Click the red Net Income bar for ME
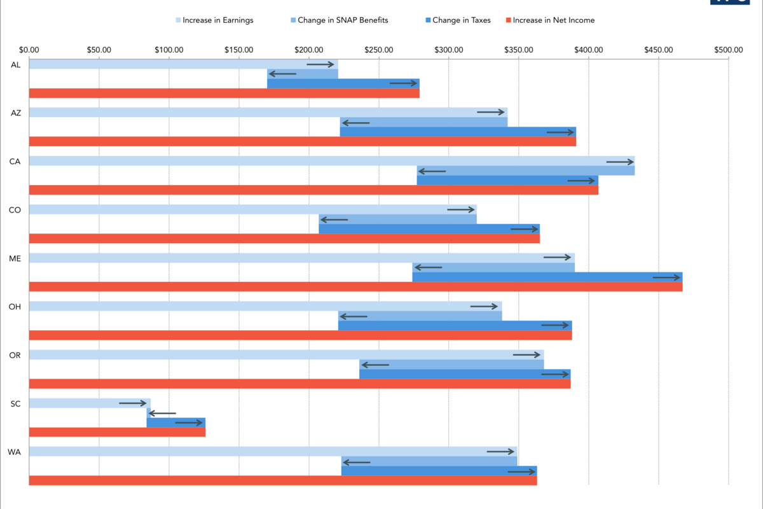point(355,287)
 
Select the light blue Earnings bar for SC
point(90,403)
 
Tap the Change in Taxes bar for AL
point(343,83)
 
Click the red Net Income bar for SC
point(117,432)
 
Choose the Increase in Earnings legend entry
point(214,20)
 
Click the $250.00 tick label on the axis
point(379,50)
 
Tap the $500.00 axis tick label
point(728,50)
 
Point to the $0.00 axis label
point(29,50)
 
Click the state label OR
point(15,355)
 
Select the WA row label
point(15,452)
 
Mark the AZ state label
point(15,113)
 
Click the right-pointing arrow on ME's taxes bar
point(666,277)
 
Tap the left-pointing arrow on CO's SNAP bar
point(334,220)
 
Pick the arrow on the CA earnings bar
point(620,162)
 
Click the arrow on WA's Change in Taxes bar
point(521,471)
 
